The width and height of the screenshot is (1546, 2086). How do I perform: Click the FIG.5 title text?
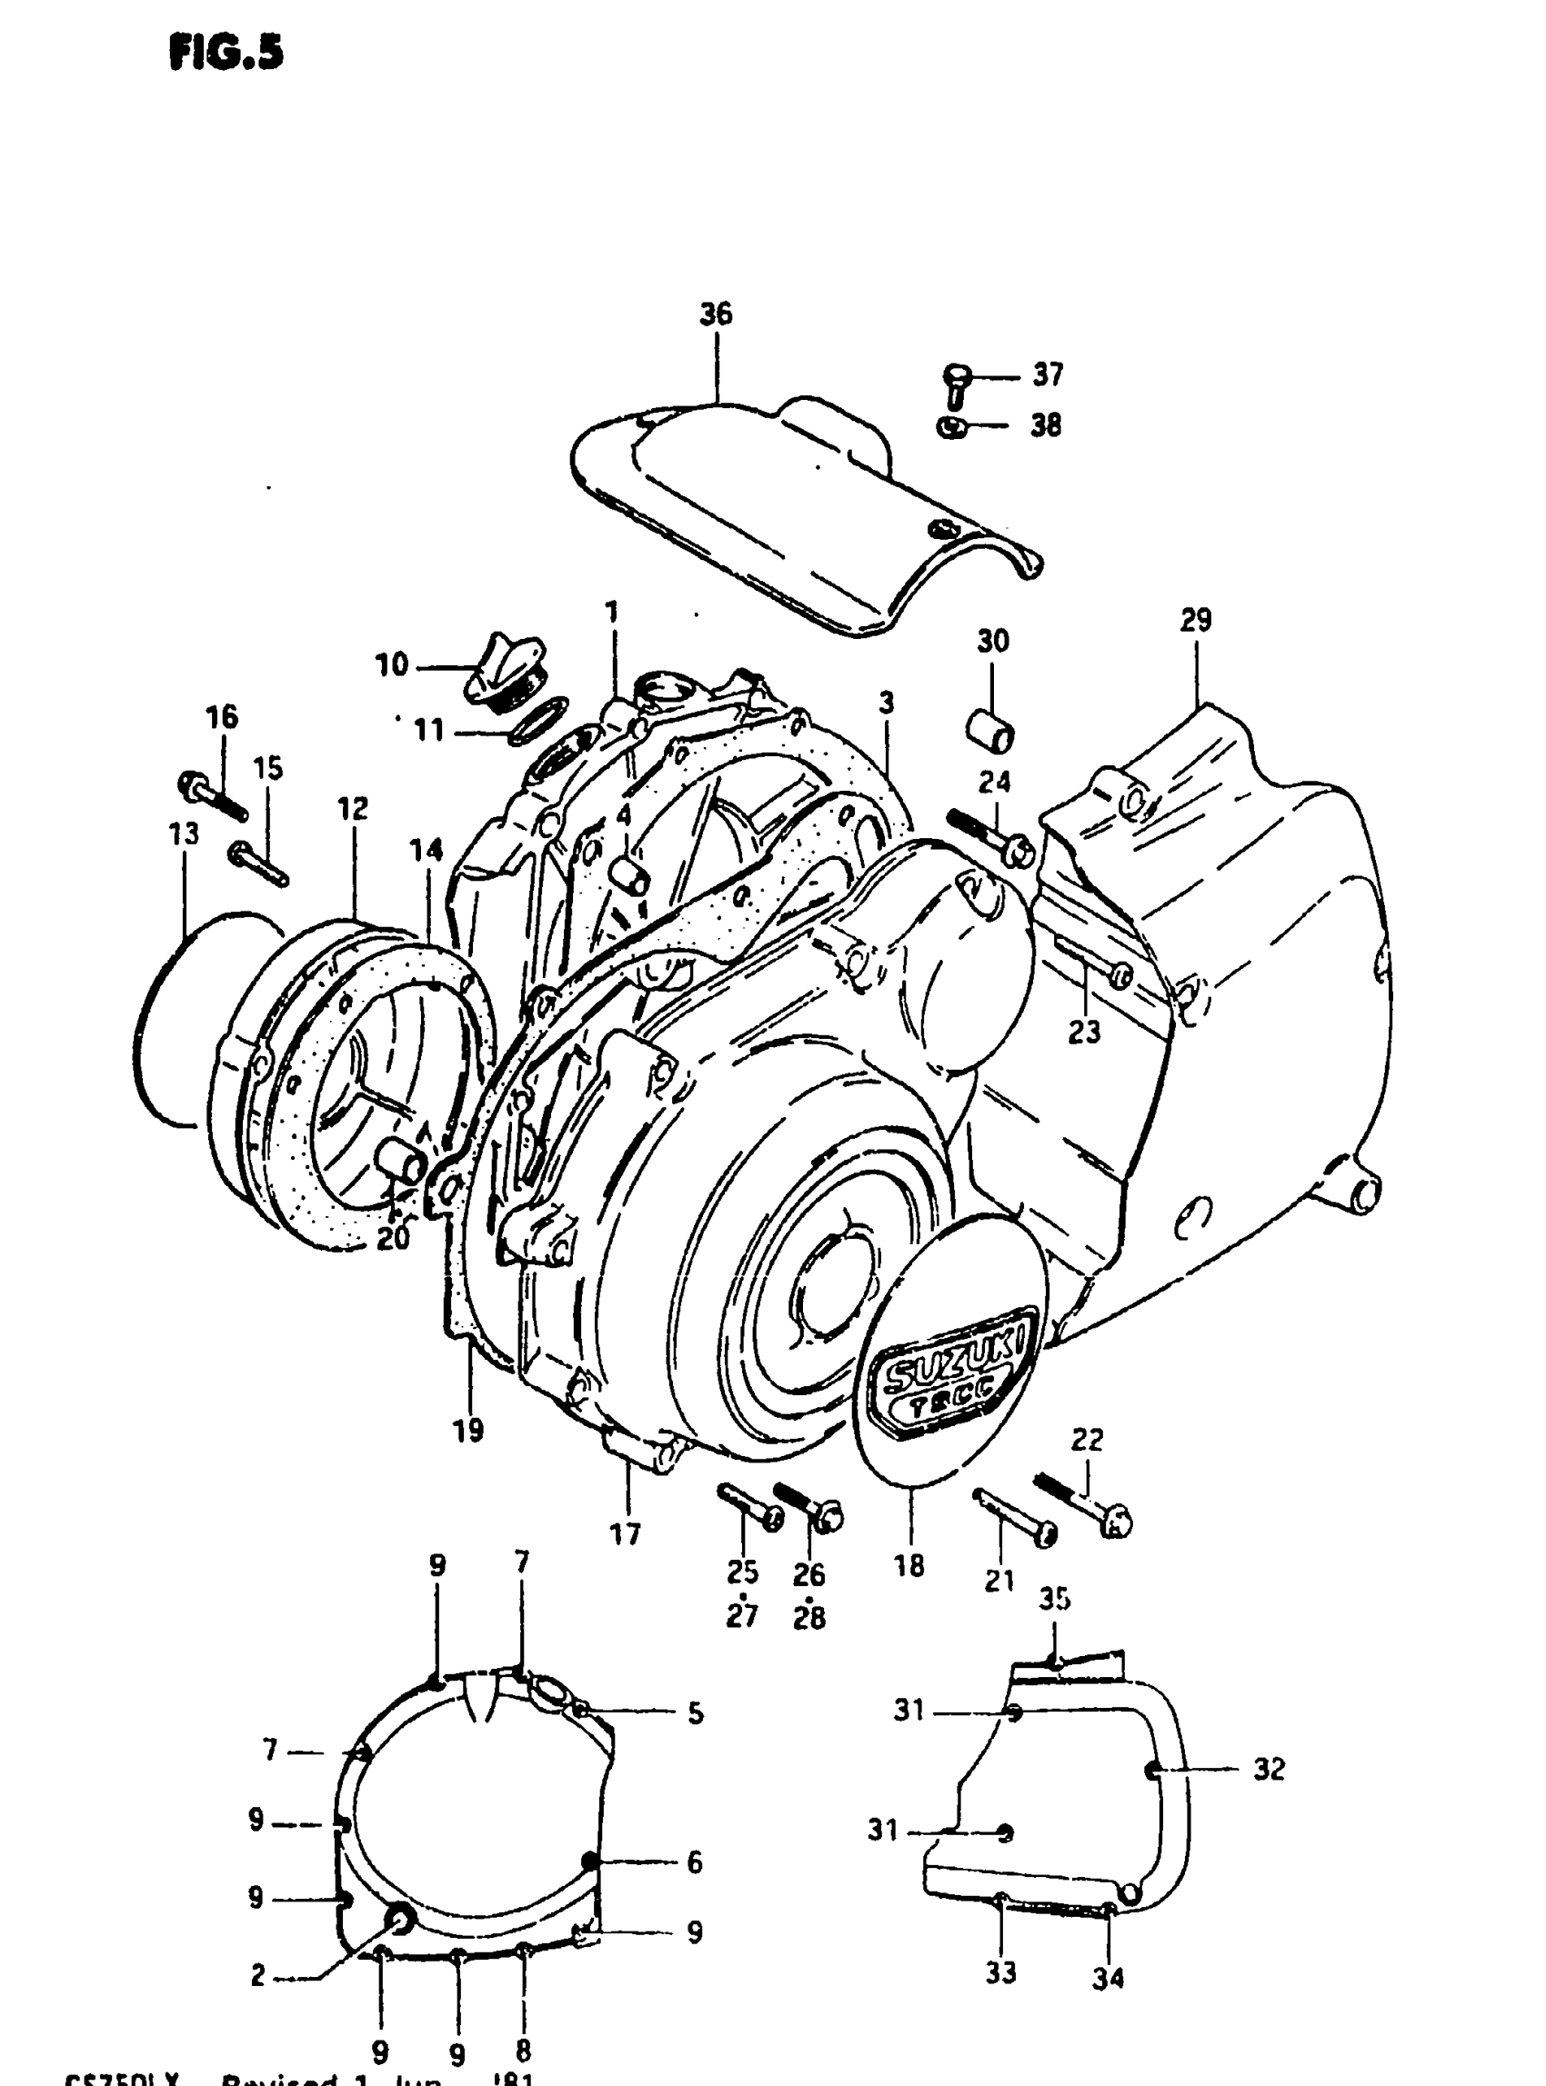pyautogui.click(x=226, y=55)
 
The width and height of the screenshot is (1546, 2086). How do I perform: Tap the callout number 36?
pyautogui.click(x=716, y=314)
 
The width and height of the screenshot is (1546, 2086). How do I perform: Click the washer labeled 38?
pyautogui.click(x=952, y=428)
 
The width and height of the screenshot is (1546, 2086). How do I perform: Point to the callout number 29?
pyautogui.click(x=1196, y=620)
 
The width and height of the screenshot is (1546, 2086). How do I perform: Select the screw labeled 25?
pyautogui.click(x=749, y=1505)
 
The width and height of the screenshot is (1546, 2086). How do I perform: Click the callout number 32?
pyautogui.click(x=1269, y=1769)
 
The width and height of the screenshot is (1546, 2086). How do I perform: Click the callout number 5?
pyautogui.click(x=696, y=1713)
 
